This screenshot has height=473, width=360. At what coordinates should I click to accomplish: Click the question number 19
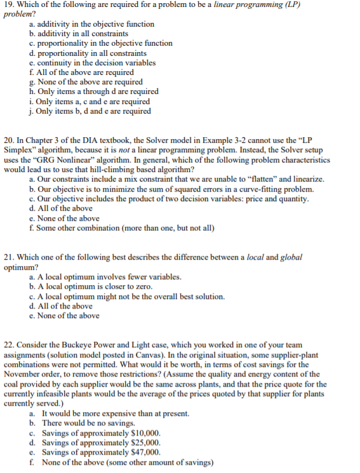(x=9, y=4)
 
